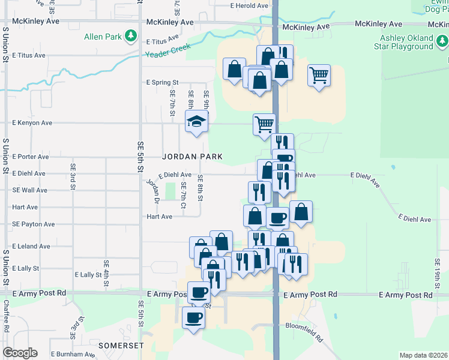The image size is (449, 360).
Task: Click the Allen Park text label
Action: pos(103,37)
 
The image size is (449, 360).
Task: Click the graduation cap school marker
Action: pos(196,122)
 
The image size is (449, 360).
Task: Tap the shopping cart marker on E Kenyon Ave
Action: pos(264,125)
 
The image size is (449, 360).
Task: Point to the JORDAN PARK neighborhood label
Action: pos(192,157)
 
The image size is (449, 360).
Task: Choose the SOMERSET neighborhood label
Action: pos(121,346)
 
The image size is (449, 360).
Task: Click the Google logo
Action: pos(20,353)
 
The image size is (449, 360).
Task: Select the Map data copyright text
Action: pos(423,355)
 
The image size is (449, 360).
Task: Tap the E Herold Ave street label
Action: pos(249,5)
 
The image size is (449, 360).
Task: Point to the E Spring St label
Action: pos(162,82)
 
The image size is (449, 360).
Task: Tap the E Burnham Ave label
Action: pos(73,355)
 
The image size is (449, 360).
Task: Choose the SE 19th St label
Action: pos(438,271)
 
